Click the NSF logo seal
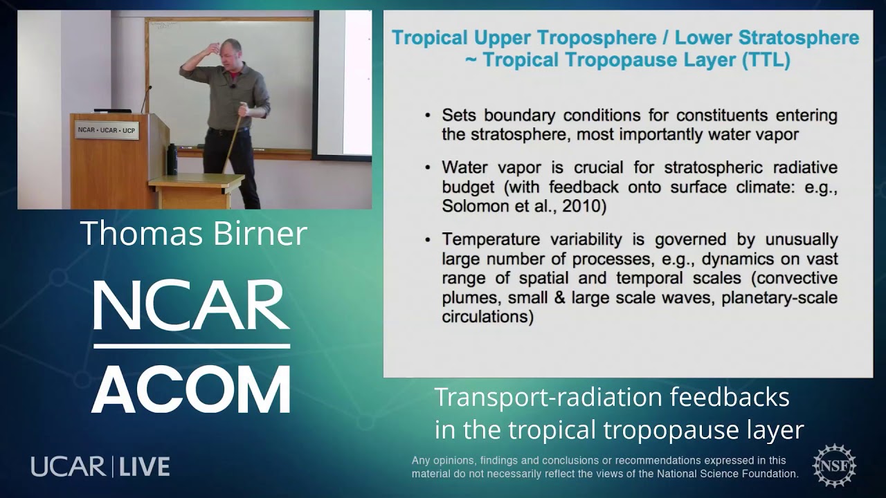point(834,465)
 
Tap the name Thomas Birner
point(193,233)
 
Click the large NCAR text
point(191,306)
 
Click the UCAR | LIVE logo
point(100,466)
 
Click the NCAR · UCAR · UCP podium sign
point(107,130)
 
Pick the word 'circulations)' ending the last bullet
point(487,317)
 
